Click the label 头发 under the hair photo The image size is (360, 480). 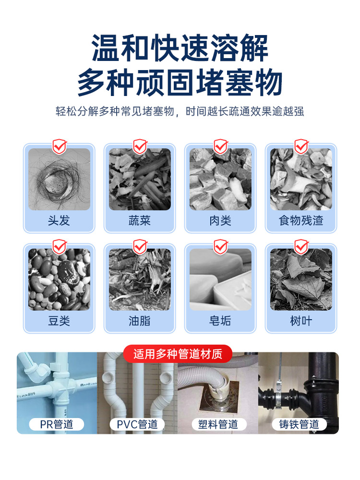(x=59, y=220)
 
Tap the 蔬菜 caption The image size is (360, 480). (x=140, y=220)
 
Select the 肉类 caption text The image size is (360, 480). (x=220, y=220)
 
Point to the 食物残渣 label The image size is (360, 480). (x=301, y=220)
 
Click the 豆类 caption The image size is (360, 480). (x=59, y=321)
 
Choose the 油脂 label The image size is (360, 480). (x=140, y=321)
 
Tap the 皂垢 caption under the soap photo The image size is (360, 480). (x=220, y=321)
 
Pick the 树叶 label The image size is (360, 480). (x=301, y=321)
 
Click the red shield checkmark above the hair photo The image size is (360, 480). (x=60, y=146)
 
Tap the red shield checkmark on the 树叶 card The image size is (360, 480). (x=301, y=247)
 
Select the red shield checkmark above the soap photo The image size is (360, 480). (x=221, y=247)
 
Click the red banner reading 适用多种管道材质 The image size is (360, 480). (x=178, y=354)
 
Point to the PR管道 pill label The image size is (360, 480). (x=57, y=424)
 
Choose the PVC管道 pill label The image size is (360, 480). (x=137, y=424)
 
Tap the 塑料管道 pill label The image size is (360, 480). (x=218, y=424)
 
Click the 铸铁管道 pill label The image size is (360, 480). (x=299, y=424)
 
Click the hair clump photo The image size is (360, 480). (x=60, y=180)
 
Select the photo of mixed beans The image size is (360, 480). (x=60, y=279)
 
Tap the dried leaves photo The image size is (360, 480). (x=301, y=279)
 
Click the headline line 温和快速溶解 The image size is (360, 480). (x=180, y=48)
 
